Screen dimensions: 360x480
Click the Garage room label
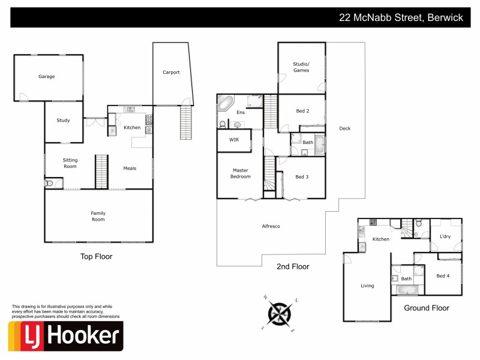tap(47, 77)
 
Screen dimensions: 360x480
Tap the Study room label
tap(63, 121)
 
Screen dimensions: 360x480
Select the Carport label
tap(171, 73)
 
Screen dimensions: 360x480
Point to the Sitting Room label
tap(70, 163)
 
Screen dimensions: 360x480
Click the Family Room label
tap(98, 216)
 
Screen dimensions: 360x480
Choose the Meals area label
tap(130, 169)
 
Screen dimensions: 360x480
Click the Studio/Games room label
tap(301, 67)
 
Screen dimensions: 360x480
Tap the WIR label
tap(233, 140)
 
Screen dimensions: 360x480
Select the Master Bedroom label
tap(241, 173)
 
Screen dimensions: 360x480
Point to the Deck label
tap(344, 128)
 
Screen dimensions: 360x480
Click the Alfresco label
tap(271, 226)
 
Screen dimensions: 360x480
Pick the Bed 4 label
tap(443, 275)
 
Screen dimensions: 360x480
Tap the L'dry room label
tap(445, 236)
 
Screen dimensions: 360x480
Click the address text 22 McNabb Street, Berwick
tap(401, 18)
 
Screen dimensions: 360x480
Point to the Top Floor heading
tap(96, 257)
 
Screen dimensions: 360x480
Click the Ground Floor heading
tap(427, 308)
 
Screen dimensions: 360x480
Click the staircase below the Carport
tap(186, 122)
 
